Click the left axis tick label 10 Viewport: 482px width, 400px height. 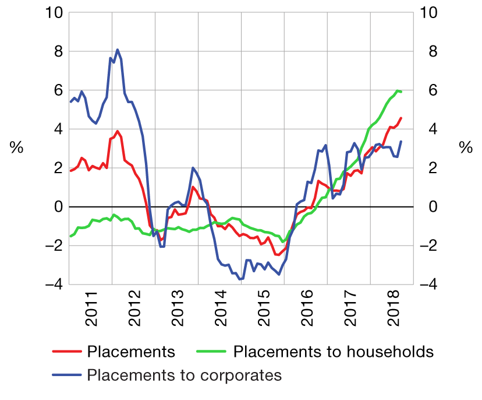52,13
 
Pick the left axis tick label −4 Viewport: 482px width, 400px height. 52,285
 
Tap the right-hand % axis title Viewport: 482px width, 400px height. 466,148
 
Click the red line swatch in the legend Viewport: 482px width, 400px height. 66,352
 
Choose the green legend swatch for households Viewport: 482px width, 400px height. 213,352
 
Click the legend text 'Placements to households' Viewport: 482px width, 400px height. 334,352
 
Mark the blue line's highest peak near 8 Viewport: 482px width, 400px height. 118,50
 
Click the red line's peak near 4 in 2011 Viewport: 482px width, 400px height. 118,131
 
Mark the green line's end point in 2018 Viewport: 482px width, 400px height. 401,92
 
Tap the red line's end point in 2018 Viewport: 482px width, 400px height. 401,118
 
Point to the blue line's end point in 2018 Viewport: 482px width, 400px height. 401,142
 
